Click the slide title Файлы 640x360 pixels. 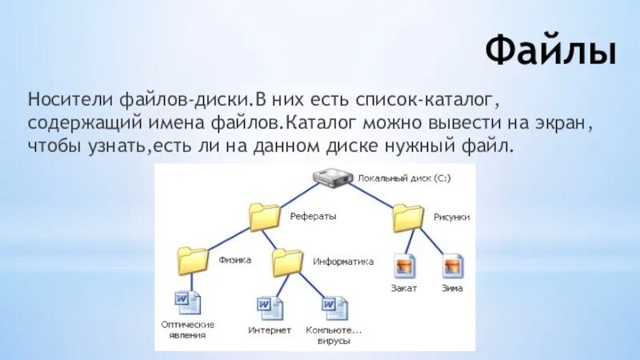tap(551, 52)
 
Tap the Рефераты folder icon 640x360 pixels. tap(264, 217)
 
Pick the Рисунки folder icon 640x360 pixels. tap(408, 217)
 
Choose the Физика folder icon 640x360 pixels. tap(193, 261)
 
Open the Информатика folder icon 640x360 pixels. tap(287, 262)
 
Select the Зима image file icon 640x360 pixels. tap(452, 265)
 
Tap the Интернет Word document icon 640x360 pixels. tap(269, 308)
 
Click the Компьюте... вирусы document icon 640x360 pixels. tap(334, 308)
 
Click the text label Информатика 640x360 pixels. tap(344, 261)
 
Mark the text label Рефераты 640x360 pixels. tap(313, 216)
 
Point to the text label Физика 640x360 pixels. tap(235, 260)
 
